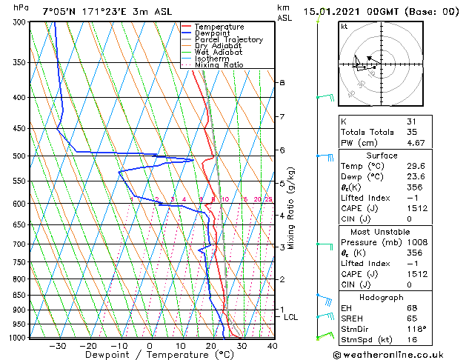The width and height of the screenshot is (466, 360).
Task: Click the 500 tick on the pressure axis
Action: click(18, 156)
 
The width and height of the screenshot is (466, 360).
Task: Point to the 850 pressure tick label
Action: click(18, 295)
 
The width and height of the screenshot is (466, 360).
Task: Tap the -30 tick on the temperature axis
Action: click(58, 345)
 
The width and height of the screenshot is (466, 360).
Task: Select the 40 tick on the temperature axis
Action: click(272, 345)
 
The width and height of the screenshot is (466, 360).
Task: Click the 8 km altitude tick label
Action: click(282, 82)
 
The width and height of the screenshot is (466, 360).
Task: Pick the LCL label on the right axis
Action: click(291, 317)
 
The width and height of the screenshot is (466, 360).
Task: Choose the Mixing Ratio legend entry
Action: click(219, 65)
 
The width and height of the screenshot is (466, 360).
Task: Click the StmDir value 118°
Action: click(414, 329)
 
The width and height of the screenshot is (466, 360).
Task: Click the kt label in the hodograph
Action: click(344, 26)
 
